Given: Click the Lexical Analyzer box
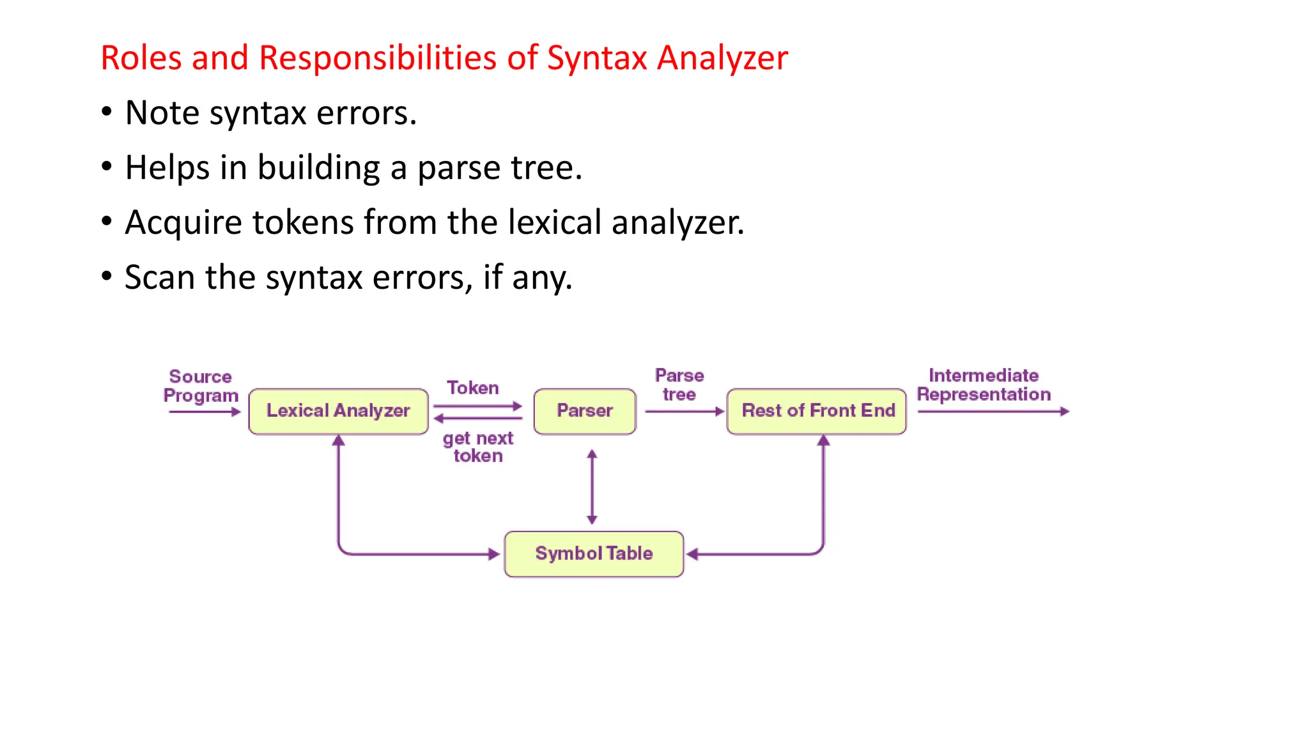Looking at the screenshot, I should [x=338, y=411].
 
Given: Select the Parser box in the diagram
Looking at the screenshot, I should [x=585, y=411].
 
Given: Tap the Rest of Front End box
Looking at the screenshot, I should [x=817, y=411].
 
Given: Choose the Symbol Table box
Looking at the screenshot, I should [x=594, y=553].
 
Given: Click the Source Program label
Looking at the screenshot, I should [x=200, y=386].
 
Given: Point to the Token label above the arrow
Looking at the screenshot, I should [x=472, y=388].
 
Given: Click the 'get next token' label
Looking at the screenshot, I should [x=478, y=447].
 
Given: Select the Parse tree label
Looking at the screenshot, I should [x=679, y=385].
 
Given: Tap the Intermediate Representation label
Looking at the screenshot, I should [x=984, y=385].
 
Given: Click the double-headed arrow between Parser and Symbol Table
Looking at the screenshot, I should [x=592, y=487].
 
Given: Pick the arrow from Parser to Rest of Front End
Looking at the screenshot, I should [x=684, y=411].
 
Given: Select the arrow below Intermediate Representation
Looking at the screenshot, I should [x=993, y=411].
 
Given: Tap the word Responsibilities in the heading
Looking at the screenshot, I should [x=378, y=57].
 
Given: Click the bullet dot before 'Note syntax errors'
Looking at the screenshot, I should [x=107, y=112].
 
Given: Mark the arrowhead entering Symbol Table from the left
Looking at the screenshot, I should [x=494, y=554].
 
